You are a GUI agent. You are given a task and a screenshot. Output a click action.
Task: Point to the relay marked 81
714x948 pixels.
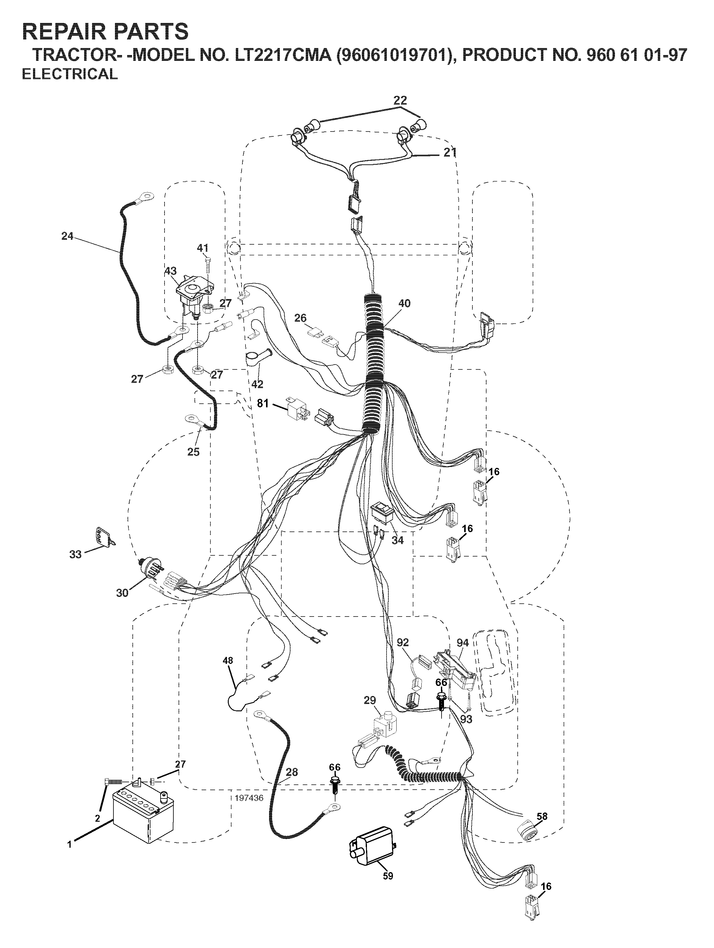tap(296, 409)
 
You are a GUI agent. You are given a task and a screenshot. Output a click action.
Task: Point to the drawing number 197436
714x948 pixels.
tap(249, 798)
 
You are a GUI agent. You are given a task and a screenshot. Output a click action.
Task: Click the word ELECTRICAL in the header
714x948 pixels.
tap(69, 74)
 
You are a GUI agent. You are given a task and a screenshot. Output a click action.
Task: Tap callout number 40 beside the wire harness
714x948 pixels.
tap(404, 303)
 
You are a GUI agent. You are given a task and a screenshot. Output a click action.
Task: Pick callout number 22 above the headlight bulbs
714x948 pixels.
tap(400, 100)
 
